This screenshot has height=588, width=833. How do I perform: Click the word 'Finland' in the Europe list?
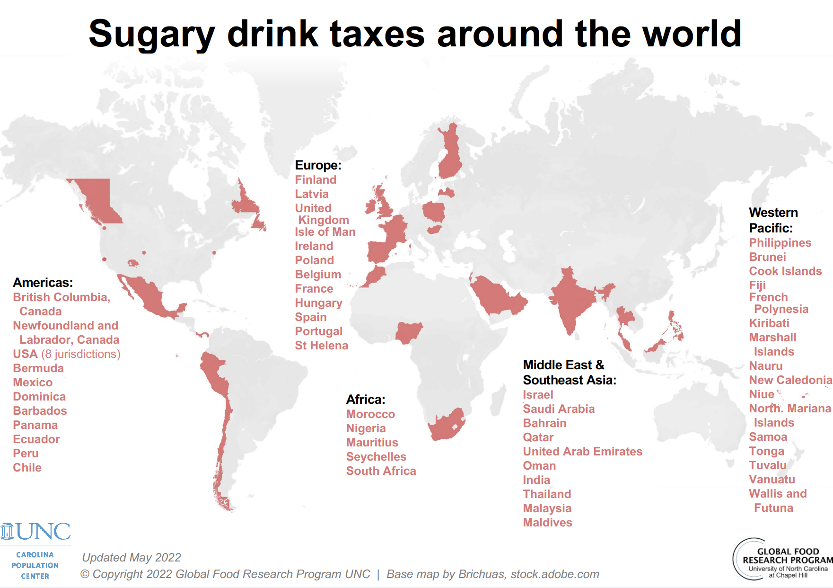tap(316, 180)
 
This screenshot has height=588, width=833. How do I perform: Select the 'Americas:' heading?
tap(43, 283)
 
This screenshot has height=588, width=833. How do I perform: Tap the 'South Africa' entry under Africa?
tap(381, 471)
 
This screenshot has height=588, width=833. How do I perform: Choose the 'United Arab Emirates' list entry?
tap(582, 452)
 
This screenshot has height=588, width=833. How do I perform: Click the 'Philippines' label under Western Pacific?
tap(780, 243)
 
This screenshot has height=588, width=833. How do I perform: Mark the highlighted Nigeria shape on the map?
tap(408, 332)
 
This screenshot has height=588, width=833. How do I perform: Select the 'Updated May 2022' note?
tap(132, 558)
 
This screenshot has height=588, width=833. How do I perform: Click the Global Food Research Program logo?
tap(783, 560)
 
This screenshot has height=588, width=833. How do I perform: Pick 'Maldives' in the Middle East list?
tap(547, 523)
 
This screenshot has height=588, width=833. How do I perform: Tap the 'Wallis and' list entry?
tap(778, 494)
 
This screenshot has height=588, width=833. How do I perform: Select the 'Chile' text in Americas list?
tap(27, 468)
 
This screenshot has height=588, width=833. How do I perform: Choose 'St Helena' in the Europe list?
tap(321, 346)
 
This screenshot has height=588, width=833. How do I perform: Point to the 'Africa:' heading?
tap(365, 400)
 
